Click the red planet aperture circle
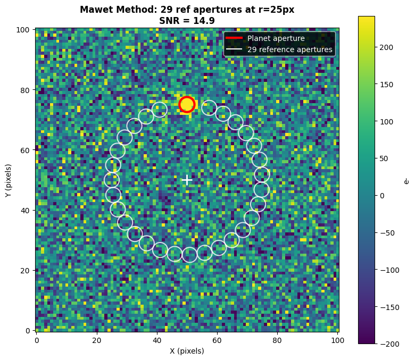(x=187, y=97)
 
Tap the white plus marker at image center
(x=187, y=180)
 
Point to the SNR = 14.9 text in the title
(x=187, y=21)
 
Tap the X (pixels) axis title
(x=187, y=351)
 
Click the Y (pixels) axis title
(x=9, y=180)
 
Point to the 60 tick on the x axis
(x=217, y=340)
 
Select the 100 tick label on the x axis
(x=338, y=340)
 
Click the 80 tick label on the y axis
(x=25, y=90)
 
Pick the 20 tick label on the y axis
(x=25, y=270)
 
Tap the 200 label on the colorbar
(x=386, y=47)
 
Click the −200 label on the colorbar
(x=390, y=344)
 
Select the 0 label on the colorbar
(x=382, y=196)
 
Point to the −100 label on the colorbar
(x=390, y=270)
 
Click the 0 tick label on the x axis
(x=37, y=340)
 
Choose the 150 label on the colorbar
(x=386, y=85)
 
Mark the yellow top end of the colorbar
(x=367, y=17)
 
